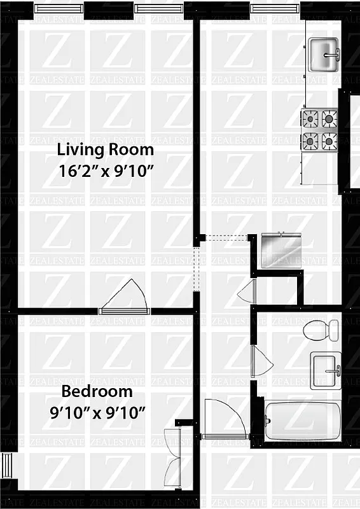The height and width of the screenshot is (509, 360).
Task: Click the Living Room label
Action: point(106,150)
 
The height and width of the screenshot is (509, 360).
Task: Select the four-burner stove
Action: point(319,129)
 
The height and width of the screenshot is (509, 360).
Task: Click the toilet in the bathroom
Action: point(321,330)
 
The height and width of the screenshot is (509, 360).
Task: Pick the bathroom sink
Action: point(326,370)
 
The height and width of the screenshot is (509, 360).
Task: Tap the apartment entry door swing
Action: point(226,417)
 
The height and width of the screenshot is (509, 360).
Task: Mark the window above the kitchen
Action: point(275,8)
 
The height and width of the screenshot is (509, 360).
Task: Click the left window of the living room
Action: point(59,8)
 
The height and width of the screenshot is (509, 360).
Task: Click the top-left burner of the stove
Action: point(310,118)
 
